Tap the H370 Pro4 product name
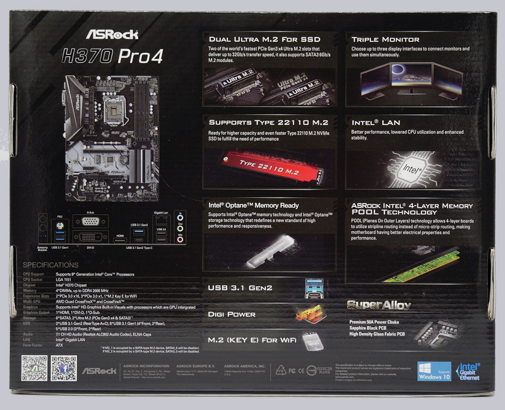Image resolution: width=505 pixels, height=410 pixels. (112, 57)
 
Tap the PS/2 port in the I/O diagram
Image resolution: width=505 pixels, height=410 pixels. (60, 222)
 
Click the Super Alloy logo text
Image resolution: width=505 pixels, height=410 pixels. (379, 305)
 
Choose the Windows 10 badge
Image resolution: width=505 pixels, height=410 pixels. (436, 370)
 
